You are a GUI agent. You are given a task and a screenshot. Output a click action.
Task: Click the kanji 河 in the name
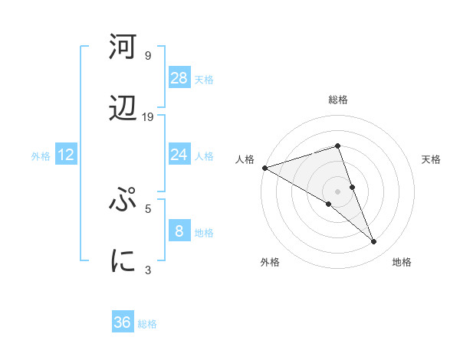(x=123, y=47)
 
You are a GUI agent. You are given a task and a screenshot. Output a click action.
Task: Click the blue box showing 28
(x=179, y=77)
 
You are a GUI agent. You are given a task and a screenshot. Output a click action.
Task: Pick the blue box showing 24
(x=179, y=155)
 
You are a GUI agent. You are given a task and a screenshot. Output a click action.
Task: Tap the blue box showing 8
(x=179, y=231)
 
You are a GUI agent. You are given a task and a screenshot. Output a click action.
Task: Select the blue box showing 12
(x=66, y=155)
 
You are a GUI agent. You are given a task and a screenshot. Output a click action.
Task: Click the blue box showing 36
(x=123, y=322)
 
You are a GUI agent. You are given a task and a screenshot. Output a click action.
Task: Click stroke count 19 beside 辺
(x=148, y=116)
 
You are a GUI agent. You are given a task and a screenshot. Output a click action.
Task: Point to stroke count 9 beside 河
(x=148, y=55)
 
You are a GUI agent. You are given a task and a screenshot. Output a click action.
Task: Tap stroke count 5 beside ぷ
(x=148, y=208)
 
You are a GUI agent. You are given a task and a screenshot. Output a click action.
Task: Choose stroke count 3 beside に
(x=148, y=270)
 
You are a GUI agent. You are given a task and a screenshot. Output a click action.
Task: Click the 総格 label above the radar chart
(x=337, y=100)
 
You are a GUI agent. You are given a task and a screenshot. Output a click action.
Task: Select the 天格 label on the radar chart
(x=432, y=159)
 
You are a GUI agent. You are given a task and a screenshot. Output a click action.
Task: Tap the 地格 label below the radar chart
(x=402, y=262)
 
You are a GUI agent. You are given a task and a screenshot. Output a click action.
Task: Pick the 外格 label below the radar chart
(x=270, y=262)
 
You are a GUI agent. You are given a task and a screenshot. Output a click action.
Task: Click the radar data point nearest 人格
(x=264, y=167)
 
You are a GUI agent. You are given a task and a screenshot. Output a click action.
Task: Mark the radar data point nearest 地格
(x=374, y=242)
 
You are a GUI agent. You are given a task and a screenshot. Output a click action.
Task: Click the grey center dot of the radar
(x=337, y=191)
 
